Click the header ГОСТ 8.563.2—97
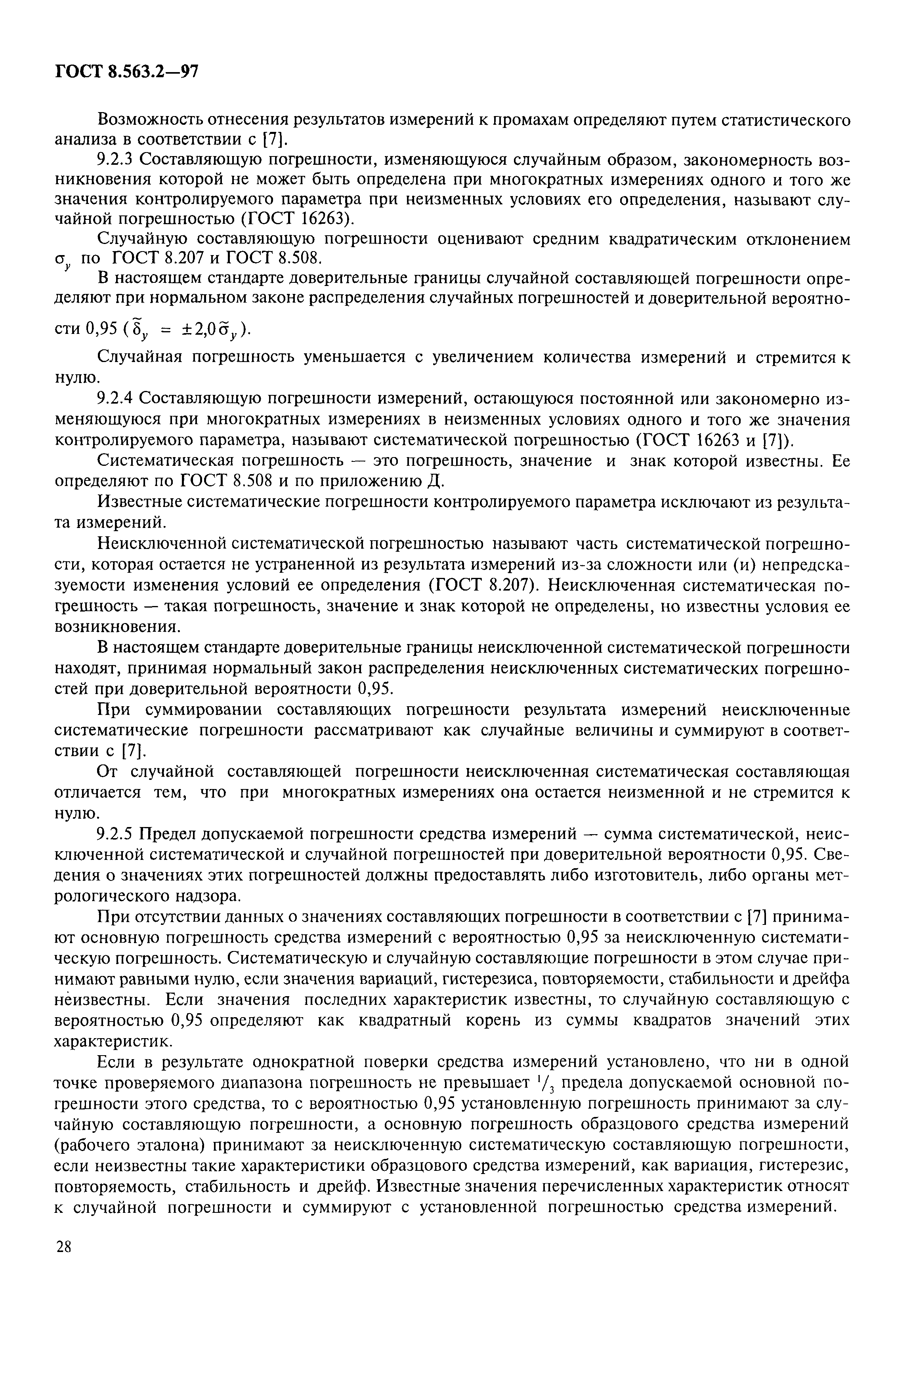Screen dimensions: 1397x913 [x=127, y=72]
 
